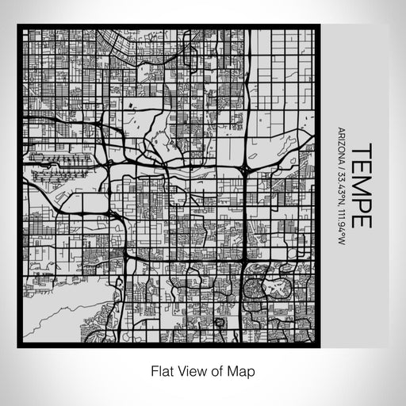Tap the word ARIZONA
[339, 145]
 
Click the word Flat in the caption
[162, 370]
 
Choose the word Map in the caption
[243, 370]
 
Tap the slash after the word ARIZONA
[339, 166]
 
